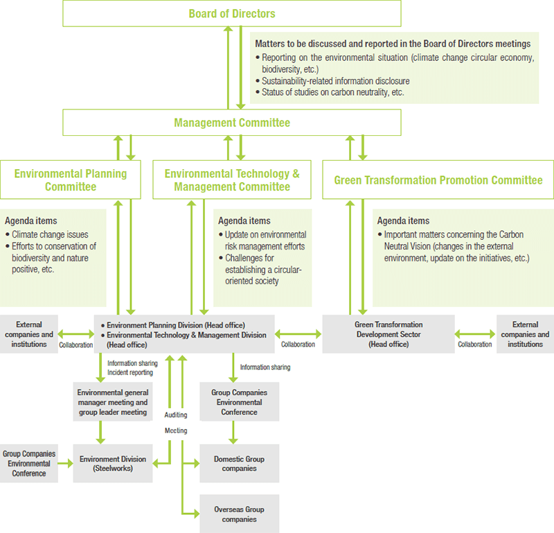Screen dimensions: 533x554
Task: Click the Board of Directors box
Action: tap(231, 13)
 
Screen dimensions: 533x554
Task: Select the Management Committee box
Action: tap(231, 123)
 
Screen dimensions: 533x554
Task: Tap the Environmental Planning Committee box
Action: tap(71, 180)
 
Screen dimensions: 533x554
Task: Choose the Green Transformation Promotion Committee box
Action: tap(438, 180)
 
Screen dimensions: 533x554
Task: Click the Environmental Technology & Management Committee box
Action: tap(231, 180)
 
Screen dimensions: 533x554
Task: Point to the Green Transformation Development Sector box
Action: tap(388, 334)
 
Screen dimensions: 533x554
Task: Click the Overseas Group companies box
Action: tap(239, 514)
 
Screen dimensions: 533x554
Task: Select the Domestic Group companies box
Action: tap(239, 463)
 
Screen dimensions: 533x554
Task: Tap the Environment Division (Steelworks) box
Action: tap(113, 463)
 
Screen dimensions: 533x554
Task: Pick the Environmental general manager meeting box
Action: tap(113, 402)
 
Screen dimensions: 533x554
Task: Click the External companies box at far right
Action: tap(525, 334)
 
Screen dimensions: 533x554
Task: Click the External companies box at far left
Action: tap(29, 334)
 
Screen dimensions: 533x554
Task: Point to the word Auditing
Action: tap(175, 414)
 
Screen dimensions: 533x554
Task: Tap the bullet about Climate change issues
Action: tap(50, 235)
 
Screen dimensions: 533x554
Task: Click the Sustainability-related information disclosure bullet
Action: tap(335, 81)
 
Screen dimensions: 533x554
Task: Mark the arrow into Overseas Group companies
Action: tap(191, 513)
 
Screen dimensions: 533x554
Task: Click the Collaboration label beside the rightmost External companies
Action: tap(475, 344)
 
